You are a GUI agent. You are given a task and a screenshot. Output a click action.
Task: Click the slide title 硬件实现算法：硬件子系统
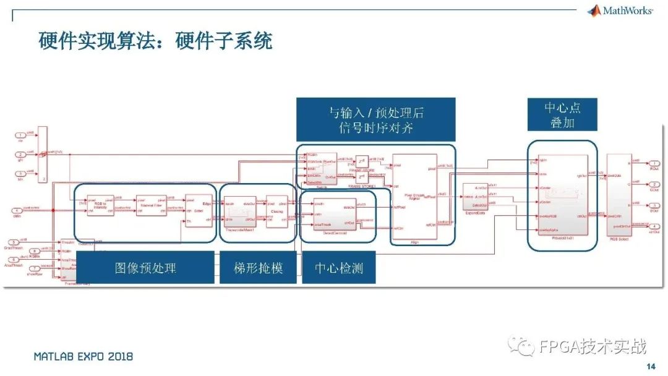coord(155,41)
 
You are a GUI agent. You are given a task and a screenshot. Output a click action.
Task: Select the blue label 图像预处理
coord(145,267)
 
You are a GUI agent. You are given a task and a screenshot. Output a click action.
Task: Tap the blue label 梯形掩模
coord(259,267)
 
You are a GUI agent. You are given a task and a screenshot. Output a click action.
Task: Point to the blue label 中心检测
coord(339,267)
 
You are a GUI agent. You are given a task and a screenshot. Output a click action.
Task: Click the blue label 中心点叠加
coord(562,114)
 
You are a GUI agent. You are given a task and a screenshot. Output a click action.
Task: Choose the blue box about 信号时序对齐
coord(376,119)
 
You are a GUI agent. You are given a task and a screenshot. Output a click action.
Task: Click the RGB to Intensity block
coord(100,206)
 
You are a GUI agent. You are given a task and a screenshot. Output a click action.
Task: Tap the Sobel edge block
coord(198,210)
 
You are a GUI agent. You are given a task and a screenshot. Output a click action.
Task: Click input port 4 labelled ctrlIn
coord(19,211)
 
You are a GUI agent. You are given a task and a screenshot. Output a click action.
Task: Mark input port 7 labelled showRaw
coord(19,268)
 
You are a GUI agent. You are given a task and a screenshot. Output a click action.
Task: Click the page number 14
coord(650,366)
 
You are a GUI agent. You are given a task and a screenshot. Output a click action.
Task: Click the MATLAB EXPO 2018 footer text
coord(83,357)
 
